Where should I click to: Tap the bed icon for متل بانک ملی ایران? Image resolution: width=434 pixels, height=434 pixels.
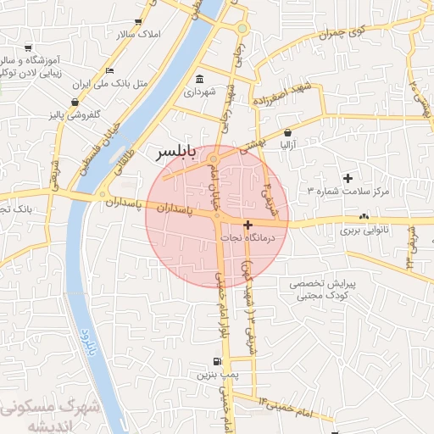(109, 70)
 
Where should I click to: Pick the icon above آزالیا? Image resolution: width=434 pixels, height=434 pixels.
(289, 132)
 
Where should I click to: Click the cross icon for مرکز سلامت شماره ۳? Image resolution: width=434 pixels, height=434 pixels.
(348, 178)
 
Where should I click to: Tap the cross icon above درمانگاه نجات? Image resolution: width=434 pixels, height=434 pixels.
(248, 225)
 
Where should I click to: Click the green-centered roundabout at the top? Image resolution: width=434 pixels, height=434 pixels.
(242, 29)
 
